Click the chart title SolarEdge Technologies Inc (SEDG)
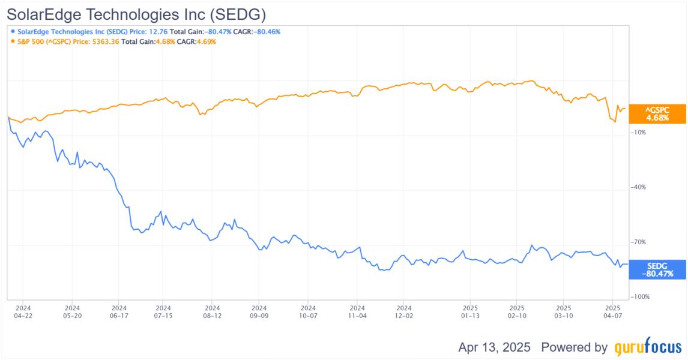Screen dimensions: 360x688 [x=136, y=13]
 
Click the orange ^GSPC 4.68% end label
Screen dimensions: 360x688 [x=657, y=114]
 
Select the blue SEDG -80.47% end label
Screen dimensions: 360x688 [x=657, y=269]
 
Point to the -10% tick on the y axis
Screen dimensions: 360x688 [x=638, y=133]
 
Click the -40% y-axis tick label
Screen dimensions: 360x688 [x=638, y=187]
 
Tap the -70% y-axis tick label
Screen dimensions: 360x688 [x=638, y=242]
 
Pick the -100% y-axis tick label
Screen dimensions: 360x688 [x=640, y=297]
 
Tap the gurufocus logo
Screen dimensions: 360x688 [x=648, y=347]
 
